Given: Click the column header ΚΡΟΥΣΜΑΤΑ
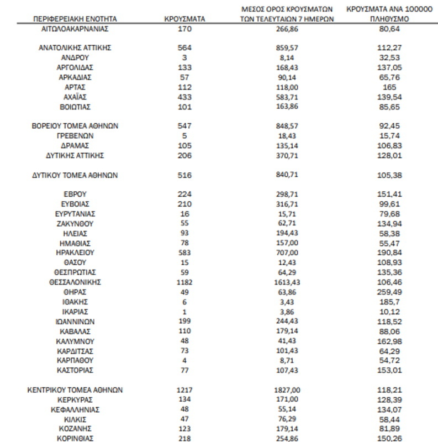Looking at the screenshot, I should point(185,18).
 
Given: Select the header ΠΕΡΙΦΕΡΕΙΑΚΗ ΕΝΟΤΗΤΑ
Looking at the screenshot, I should point(75,18).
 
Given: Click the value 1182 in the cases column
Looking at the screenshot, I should point(185,282).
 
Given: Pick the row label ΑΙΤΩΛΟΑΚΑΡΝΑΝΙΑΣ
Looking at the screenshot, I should point(75,28).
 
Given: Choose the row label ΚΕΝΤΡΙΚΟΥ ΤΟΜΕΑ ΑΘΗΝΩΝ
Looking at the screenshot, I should point(75,390).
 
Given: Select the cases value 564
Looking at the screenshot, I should point(185,48).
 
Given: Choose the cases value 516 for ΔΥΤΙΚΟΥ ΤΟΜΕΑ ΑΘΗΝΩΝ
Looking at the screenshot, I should point(185,175).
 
